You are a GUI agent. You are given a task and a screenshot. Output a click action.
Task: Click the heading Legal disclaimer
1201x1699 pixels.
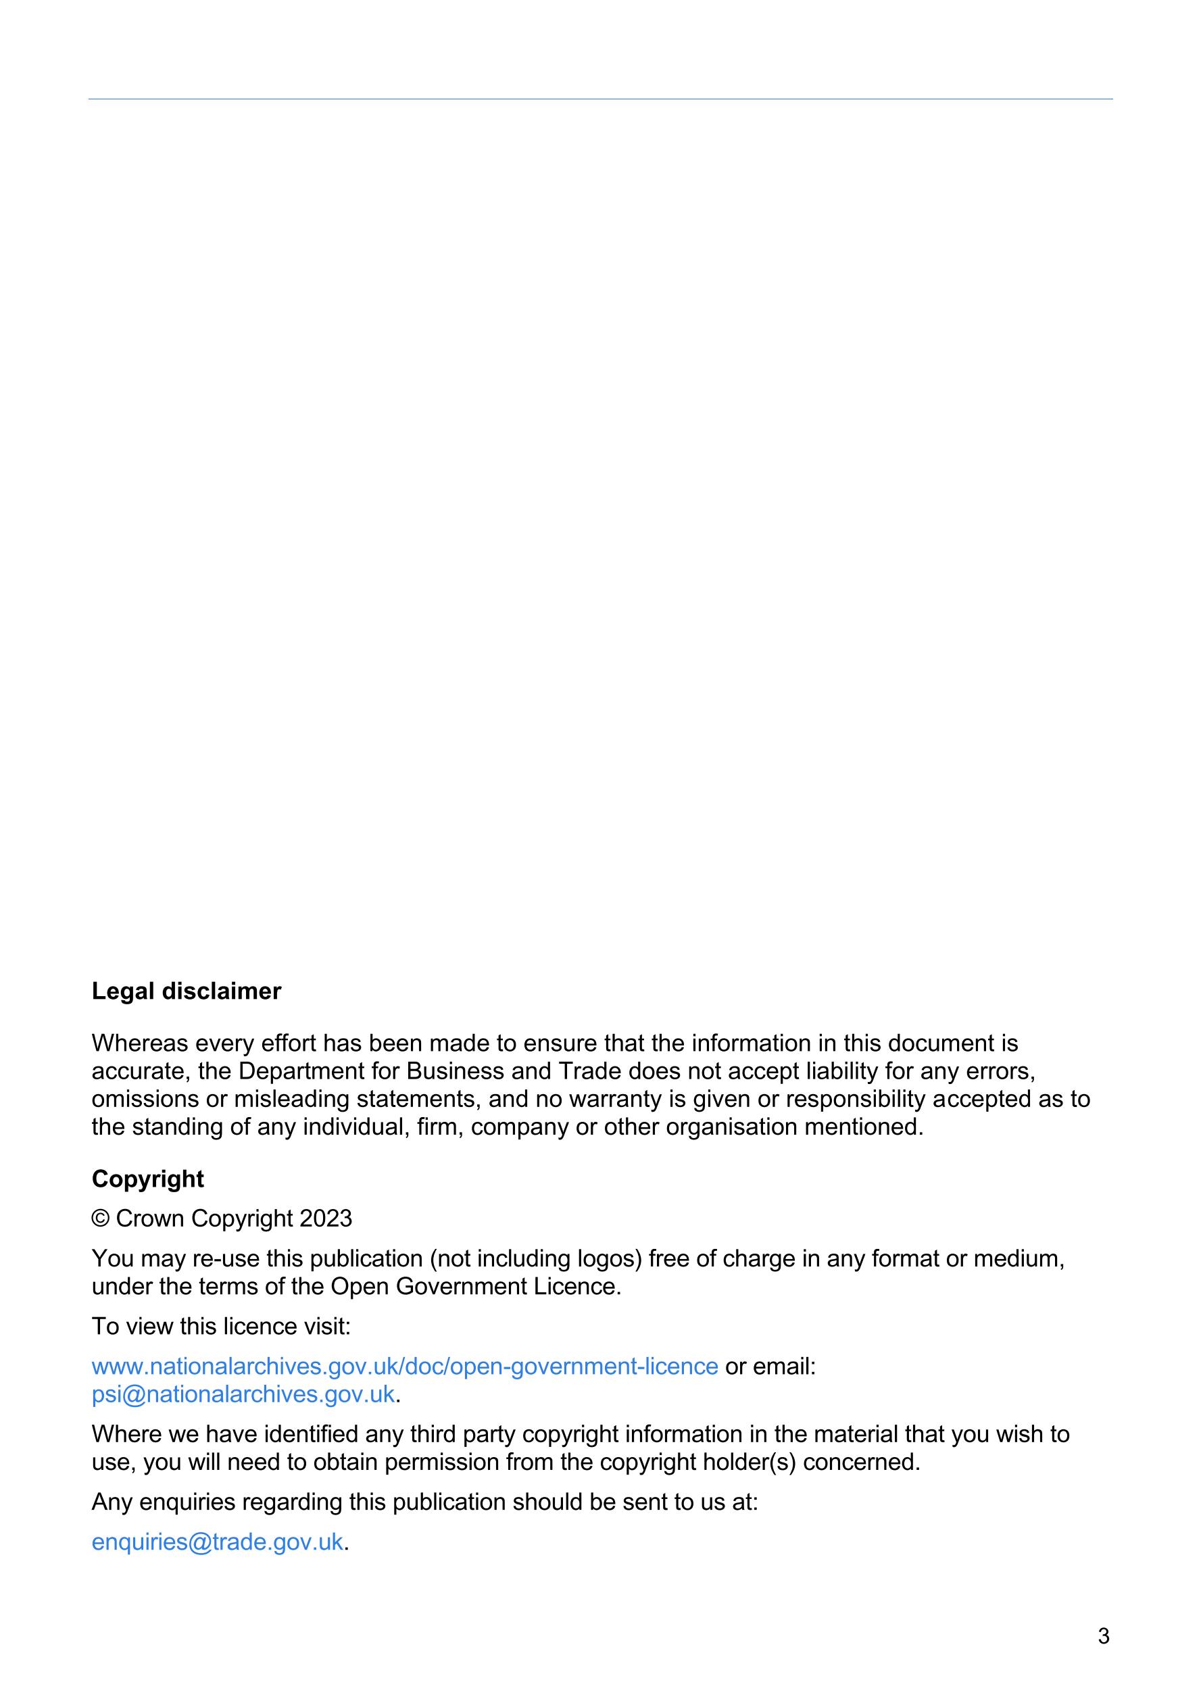tap(186, 991)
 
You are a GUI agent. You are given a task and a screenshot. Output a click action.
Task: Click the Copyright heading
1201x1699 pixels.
tap(147, 1178)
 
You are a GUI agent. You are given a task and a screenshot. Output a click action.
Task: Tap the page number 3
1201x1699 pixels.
tap(1103, 1636)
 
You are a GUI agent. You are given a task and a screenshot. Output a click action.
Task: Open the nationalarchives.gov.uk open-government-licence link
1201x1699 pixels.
tap(404, 1366)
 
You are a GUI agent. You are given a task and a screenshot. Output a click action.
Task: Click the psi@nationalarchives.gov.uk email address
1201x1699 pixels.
tap(243, 1394)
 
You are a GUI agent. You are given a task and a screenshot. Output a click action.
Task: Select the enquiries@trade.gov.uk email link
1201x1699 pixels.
tap(217, 1542)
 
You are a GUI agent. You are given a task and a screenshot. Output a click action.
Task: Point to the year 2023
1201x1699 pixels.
tap(326, 1218)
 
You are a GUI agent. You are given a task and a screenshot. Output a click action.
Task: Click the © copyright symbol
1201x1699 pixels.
tap(100, 1218)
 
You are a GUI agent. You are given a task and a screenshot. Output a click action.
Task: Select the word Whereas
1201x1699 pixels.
tap(140, 1043)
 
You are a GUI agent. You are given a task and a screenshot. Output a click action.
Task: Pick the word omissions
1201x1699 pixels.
tap(145, 1099)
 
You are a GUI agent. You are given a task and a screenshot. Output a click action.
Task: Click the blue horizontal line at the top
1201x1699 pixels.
tap(600, 99)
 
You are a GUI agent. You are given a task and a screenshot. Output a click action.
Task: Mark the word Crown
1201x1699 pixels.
tap(150, 1218)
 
